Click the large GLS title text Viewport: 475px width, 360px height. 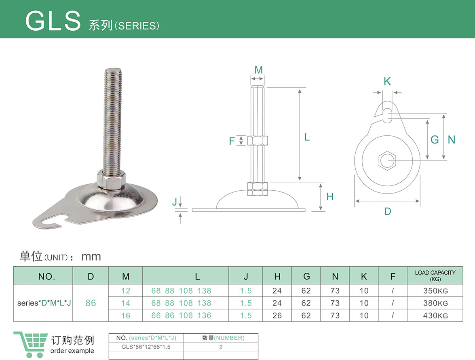click(x=53, y=21)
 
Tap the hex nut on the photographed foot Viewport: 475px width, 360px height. click(x=111, y=179)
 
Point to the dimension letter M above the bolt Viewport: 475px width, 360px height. click(x=258, y=70)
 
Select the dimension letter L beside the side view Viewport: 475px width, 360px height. click(x=307, y=137)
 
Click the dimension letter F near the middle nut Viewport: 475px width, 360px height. click(x=232, y=141)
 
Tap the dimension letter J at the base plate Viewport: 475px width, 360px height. click(x=175, y=201)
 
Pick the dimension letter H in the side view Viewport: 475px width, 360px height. click(x=330, y=196)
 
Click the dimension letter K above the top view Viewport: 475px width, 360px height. click(x=387, y=81)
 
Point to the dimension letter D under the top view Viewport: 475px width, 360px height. click(x=387, y=211)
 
